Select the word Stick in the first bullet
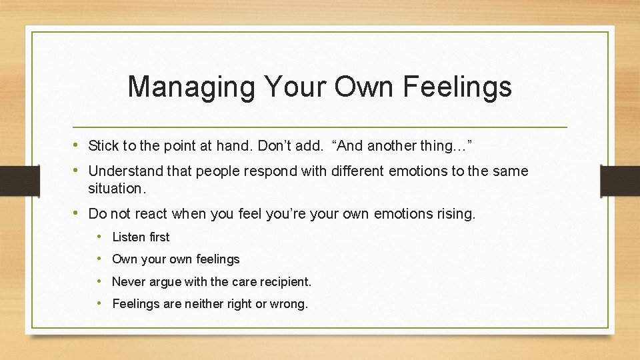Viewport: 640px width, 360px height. click(103, 145)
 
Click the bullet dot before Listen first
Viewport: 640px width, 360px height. click(98, 237)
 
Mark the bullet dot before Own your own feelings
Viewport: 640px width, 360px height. click(98, 259)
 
